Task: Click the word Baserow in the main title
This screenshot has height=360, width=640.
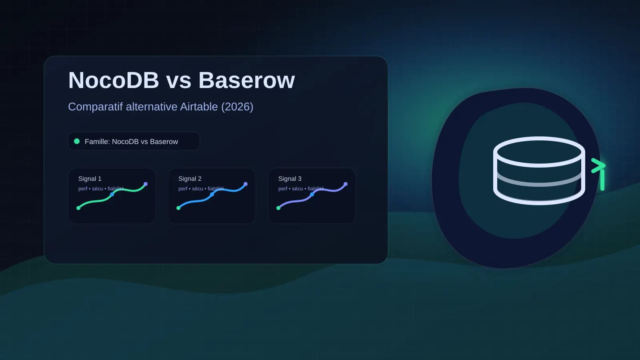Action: (x=246, y=80)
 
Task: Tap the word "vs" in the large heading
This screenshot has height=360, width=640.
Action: (x=178, y=81)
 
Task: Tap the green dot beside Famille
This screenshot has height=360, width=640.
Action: (x=77, y=141)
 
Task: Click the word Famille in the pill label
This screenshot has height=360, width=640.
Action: (x=96, y=142)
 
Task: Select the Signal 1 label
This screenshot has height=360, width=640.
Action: (x=90, y=178)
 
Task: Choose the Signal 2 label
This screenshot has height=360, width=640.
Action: (x=190, y=178)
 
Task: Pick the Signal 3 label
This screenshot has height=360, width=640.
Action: (x=290, y=178)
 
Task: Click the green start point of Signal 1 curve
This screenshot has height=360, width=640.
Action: (x=78, y=208)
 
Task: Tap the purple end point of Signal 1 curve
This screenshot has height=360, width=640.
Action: (x=146, y=184)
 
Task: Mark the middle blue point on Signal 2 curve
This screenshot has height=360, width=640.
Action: (x=212, y=194)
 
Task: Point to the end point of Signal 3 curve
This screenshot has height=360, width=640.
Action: (x=346, y=184)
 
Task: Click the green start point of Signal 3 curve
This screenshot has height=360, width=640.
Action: (x=278, y=208)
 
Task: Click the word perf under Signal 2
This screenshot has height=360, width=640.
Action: (x=183, y=189)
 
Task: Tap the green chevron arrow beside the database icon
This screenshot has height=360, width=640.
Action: (x=598, y=165)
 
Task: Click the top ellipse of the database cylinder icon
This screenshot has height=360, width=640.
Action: (x=539, y=151)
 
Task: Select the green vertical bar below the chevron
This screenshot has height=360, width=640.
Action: (x=602, y=180)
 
